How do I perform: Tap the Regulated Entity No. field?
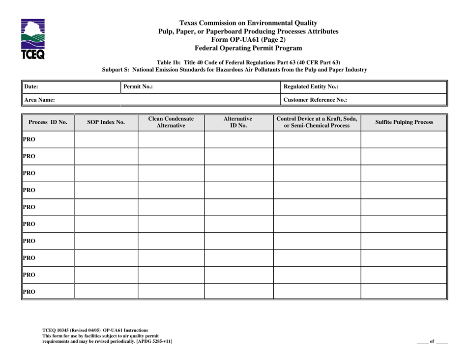point(364,87)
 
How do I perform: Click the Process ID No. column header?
point(48,122)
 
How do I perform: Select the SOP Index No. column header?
point(106,122)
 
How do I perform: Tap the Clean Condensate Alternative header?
point(171,122)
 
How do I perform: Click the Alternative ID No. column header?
point(238,122)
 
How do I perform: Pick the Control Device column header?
point(317,122)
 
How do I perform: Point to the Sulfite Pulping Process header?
point(404,122)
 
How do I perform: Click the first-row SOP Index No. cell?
point(106,139)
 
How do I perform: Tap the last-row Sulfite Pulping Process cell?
point(404,291)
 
